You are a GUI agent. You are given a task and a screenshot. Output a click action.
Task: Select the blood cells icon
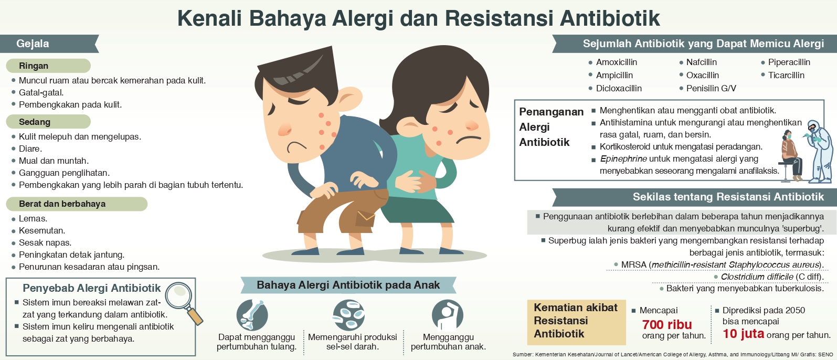click(x=348, y=315)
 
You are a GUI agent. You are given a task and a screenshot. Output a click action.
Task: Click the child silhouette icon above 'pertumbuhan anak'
click(x=447, y=315)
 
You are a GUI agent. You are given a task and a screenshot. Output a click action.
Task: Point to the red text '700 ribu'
click(x=667, y=324)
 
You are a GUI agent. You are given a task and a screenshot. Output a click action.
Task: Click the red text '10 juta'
click(x=743, y=333)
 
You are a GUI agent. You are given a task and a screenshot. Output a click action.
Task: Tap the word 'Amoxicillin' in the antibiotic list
click(x=617, y=62)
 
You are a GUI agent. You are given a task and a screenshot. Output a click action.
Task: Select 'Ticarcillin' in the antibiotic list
click(x=786, y=75)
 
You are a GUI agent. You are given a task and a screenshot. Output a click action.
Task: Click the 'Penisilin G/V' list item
click(x=711, y=88)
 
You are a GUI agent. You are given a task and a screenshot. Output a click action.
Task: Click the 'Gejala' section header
click(x=33, y=44)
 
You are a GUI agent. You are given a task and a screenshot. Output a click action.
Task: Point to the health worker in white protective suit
click(x=820, y=151)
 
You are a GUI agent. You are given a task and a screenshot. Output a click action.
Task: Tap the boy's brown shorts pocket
click(x=365, y=219)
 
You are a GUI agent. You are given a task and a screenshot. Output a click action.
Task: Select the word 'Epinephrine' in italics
click(x=623, y=159)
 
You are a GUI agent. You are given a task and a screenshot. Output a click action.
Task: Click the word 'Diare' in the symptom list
click(x=30, y=149)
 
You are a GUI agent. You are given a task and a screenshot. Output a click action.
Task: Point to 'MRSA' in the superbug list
click(x=634, y=264)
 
